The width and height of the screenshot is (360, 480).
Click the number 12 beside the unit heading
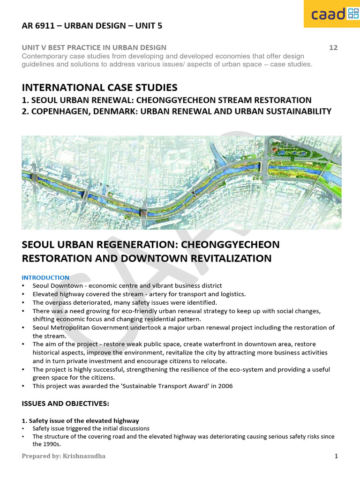[333, 47]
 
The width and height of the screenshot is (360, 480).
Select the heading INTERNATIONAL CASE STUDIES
[99, 87]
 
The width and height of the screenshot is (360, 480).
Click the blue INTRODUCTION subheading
[45, 277]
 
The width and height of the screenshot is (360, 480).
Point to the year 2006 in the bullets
[225, 386]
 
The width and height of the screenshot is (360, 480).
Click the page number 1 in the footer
[336, 456]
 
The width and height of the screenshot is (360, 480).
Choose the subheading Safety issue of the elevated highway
[80, 420]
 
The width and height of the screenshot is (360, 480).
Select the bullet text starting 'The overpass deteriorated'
[124, 302]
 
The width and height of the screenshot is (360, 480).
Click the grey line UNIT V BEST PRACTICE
[94, 47]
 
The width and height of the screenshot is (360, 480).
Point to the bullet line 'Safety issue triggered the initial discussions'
[90, 428]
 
